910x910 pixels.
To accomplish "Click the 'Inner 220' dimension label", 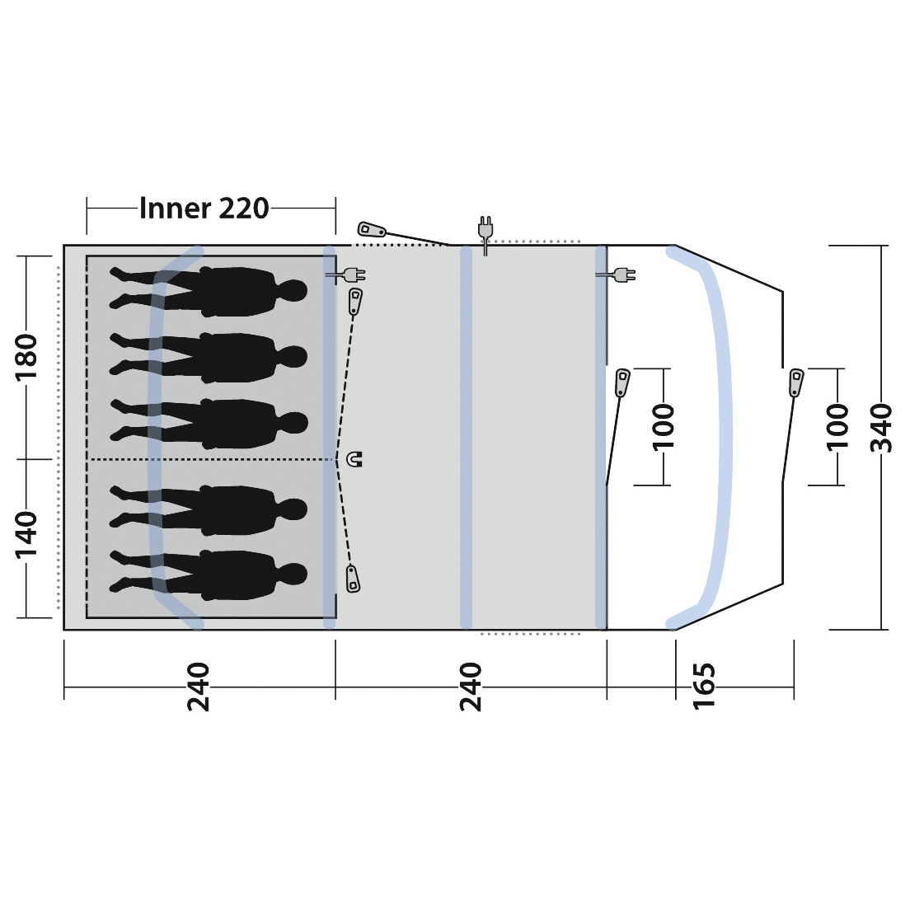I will point(204,208).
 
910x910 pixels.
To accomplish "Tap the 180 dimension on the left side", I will point(27,356).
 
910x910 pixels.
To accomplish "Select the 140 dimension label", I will point(27,532).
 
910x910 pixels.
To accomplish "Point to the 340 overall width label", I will point(882,428).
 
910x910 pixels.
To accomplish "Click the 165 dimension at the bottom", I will point(703,685).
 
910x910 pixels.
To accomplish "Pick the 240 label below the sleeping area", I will point(199,686).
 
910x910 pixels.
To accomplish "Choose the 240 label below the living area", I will point(471,686).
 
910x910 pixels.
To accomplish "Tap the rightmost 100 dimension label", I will point(837,426).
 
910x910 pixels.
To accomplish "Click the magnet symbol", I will point(355,459).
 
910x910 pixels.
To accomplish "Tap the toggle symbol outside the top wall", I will point(373,229).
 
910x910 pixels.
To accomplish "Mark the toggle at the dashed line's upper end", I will point(355,301).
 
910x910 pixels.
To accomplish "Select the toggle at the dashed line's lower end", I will point(353,579).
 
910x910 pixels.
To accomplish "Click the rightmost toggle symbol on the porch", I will point(795,382).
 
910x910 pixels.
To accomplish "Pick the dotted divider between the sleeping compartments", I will point(210,459).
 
